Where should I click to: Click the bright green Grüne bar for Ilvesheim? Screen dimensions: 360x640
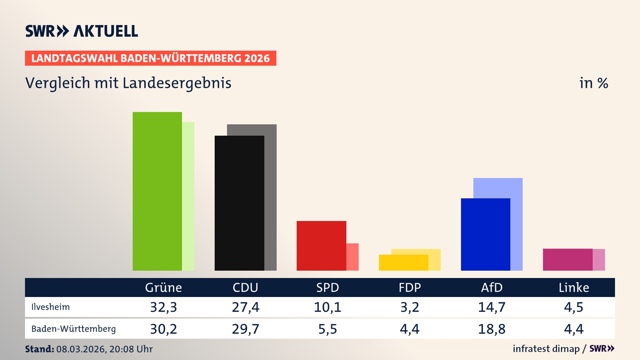(x=157, y=191)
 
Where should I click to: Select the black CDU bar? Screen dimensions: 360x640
(x=239, y=203)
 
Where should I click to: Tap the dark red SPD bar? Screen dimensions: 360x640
(x=321, y=246)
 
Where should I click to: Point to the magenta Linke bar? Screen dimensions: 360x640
(x=568, y=260)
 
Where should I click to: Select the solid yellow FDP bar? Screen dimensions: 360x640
(x=403, y=263)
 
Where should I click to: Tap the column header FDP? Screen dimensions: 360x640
(x=410, y=288)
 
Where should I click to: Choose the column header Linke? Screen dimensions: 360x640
(x=574, y=288)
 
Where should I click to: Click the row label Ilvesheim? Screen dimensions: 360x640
(x=51, y=307)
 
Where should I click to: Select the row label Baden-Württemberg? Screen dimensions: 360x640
(x=73, y=329)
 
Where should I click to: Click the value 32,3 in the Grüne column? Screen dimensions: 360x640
(x=163, y=307)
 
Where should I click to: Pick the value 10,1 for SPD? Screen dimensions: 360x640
(x=328, y=307)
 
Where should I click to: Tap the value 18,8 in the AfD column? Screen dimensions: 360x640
(x=492, y=329)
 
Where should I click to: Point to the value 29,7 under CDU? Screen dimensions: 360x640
(x=246, y=329)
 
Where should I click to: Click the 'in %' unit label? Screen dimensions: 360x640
(x=593, y=83)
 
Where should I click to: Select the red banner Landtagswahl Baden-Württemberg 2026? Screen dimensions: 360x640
(x=150, y=58)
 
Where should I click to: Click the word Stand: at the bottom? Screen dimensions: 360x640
(x=39, y=349)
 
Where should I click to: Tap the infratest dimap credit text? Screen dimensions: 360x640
(x=546, y=349)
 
